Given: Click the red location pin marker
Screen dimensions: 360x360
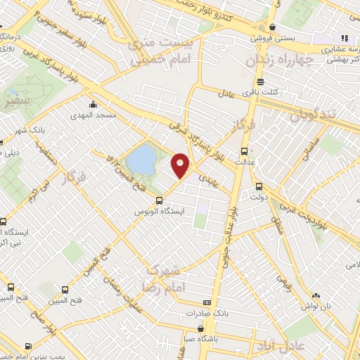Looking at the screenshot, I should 181,165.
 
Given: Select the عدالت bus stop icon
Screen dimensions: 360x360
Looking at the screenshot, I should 245,151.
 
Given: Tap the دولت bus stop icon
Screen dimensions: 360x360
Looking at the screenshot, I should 258,186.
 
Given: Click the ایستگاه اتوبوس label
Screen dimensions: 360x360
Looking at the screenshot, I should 158,211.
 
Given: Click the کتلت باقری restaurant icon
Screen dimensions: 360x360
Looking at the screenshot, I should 261,82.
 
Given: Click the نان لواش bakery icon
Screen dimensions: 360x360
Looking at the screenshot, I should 316,295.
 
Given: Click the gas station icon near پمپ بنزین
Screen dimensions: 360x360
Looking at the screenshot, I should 27,345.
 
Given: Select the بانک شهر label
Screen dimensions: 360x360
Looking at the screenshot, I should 30,129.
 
